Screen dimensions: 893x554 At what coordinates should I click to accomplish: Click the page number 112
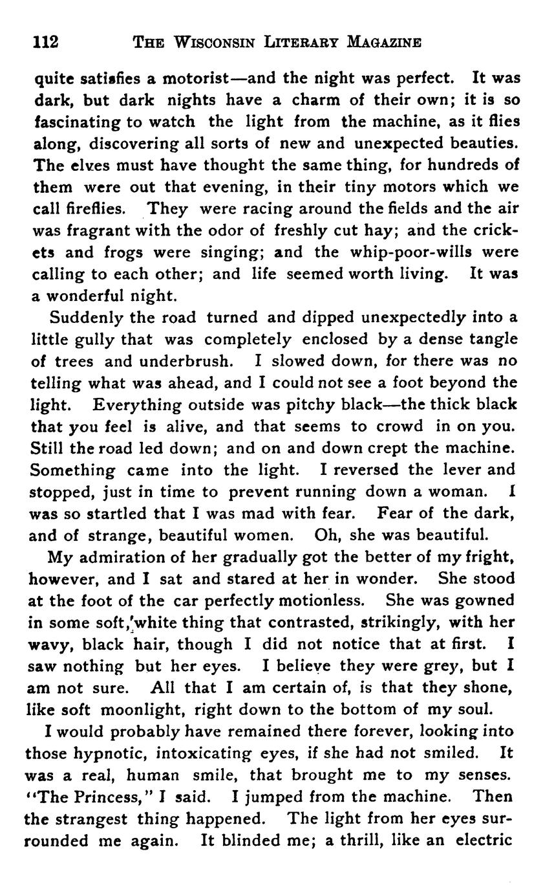[x=46, y=43]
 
